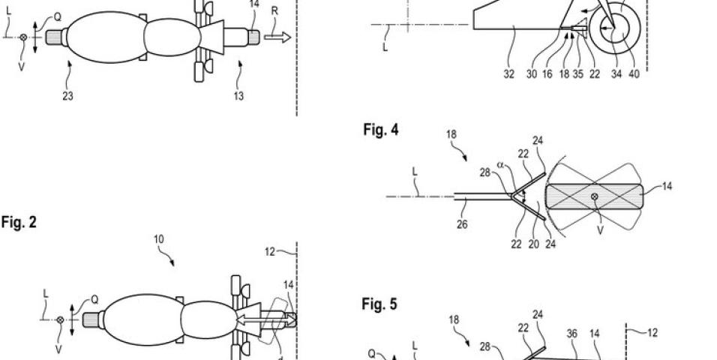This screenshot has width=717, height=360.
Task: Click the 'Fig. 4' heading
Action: (x=381, y=130)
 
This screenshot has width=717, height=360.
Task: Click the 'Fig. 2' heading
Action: (x=19, y=222)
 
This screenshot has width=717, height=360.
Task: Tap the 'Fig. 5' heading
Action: (x=379, y=304)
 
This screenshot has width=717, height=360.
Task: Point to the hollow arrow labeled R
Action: (x=277, y=37)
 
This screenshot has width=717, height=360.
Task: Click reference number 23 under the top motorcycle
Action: (x=67, y=96)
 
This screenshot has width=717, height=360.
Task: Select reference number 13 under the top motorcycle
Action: (x=238, y=96)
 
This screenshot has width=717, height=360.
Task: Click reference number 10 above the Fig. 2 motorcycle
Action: (x=159, y=239)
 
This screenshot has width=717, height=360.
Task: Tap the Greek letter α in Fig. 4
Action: (x=500, y=165)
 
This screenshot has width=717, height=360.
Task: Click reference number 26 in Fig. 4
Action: (x=462, y=224)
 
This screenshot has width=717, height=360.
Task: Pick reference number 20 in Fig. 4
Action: (x=534, y=244)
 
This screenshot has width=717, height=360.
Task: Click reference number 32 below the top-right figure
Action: (x=508, y=74)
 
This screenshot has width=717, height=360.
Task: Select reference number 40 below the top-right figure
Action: (x=634, y=74)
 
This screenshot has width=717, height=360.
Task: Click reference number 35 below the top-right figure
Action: (x=578, y=74)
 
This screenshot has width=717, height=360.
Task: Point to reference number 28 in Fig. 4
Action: (x=485, y=172)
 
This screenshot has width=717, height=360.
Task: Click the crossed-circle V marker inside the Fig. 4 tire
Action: (x=595, y=196)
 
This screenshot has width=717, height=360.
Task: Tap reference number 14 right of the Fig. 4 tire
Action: (x=667, y=186)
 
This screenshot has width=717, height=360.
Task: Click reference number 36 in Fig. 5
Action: (x=572, y=334)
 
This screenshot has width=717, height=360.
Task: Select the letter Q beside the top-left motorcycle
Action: (x=58, y=17)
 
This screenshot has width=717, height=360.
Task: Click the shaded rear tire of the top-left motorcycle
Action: (x=54, y=37)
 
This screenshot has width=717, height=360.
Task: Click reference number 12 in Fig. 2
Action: (x=270, y=251)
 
